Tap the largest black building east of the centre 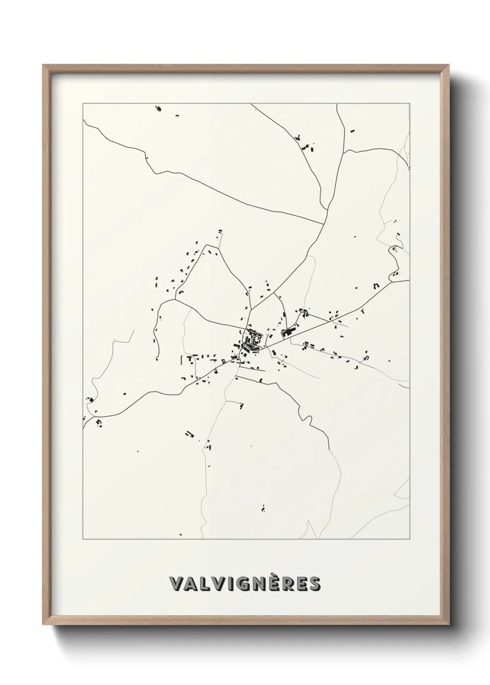click(288, 332)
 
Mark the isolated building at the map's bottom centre click(263, 508)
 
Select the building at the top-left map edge click(158, 109)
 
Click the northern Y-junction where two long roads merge click(323, 224)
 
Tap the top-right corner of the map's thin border click(409, 104)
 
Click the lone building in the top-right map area click(352, 131)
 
